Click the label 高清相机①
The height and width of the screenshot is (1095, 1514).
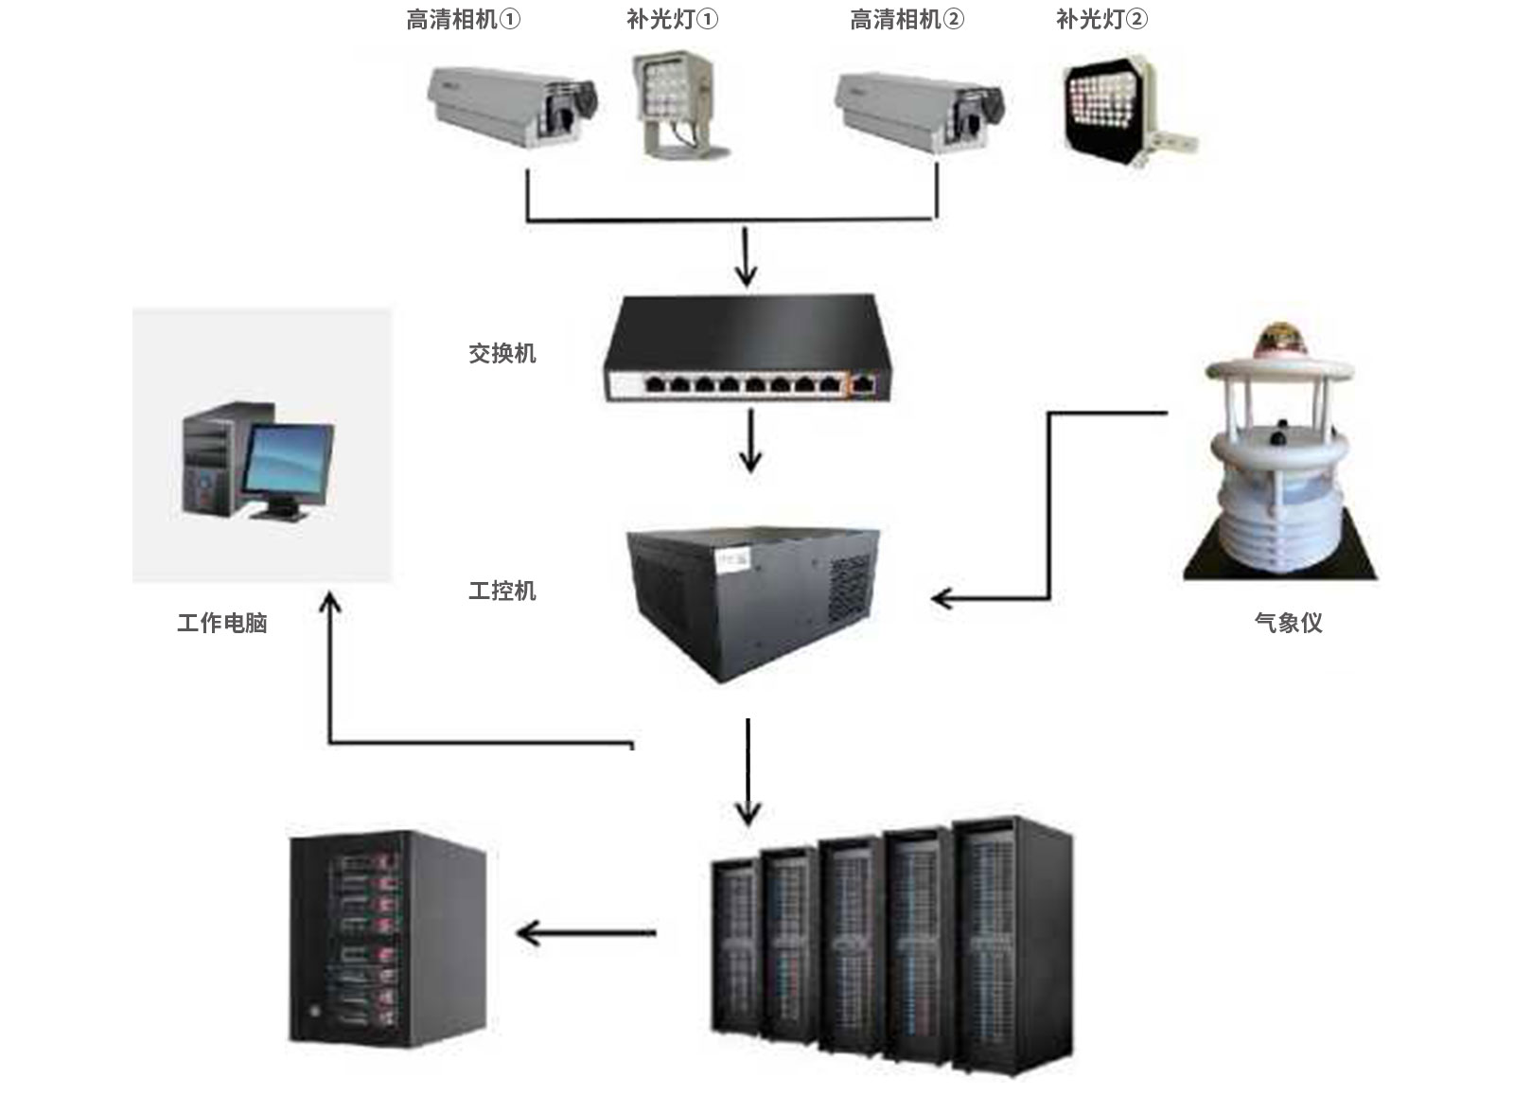tap(463, 20)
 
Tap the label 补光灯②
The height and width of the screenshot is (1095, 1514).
tap(1101, 20)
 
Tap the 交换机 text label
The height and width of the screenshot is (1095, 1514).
tap(502, 354)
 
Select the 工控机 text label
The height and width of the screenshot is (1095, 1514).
tap(502, 592)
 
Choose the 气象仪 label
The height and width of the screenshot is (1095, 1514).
tap(1288, 623)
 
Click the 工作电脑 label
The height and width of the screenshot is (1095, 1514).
tap(222, 623)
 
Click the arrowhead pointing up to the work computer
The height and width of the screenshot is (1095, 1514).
tap(330, 604)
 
